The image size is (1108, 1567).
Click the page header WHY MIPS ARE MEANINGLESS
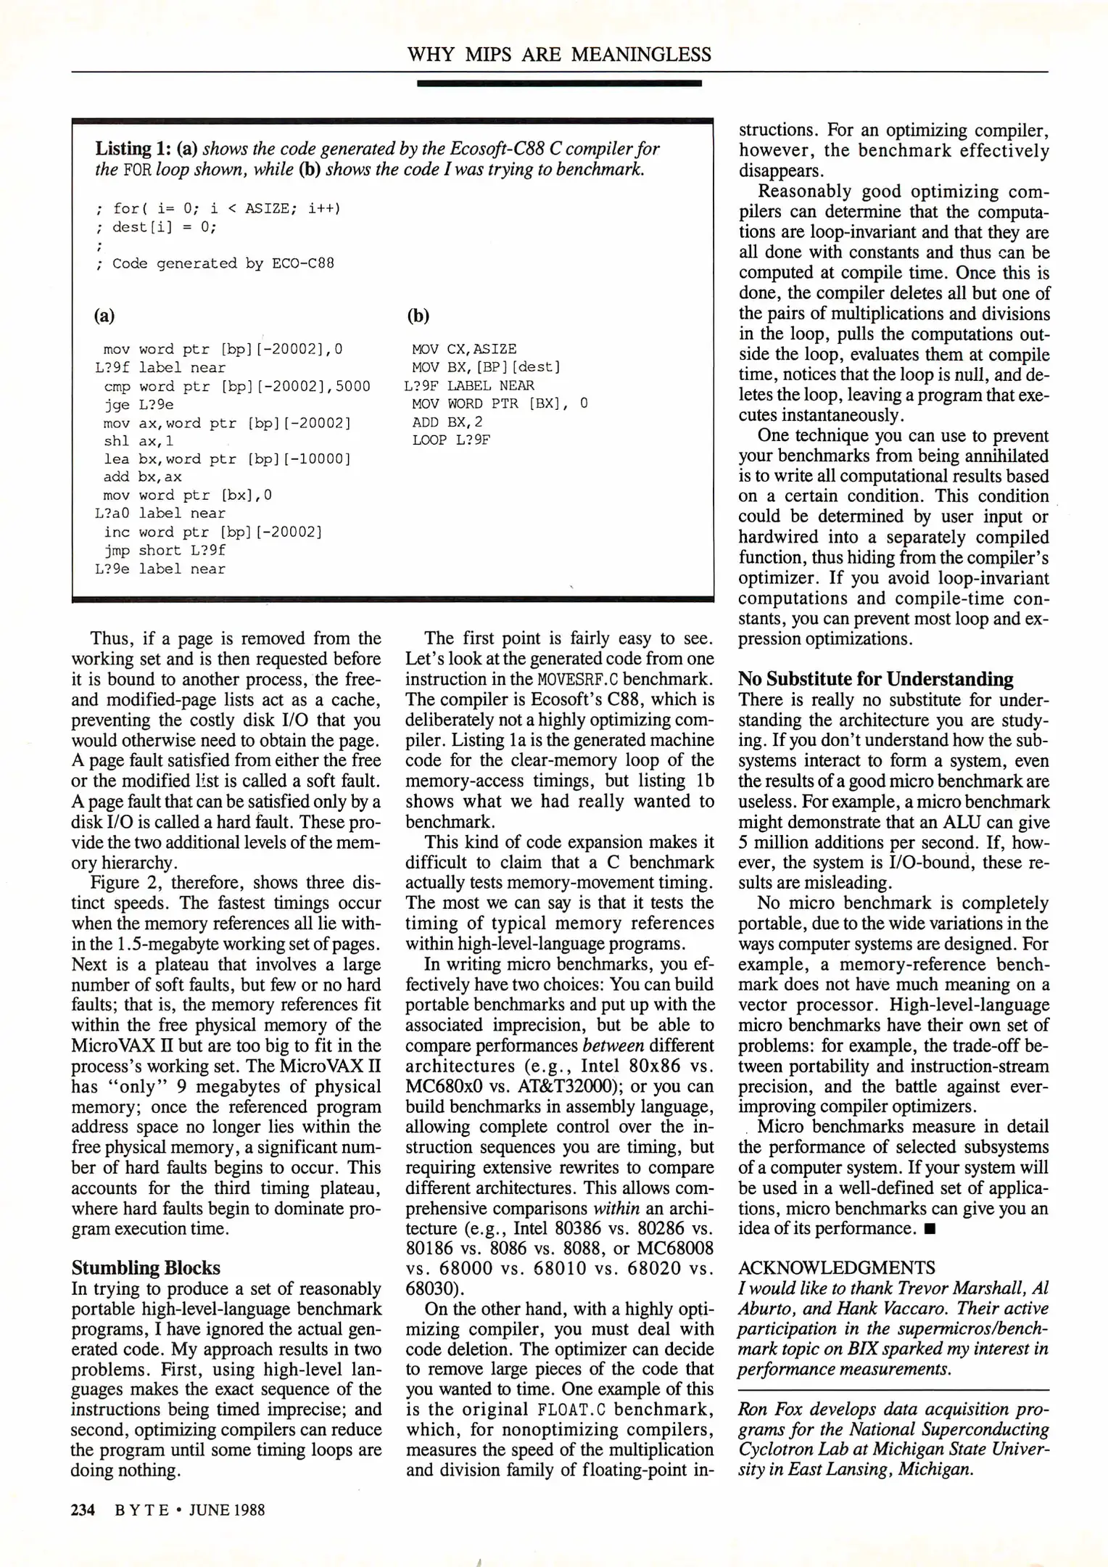pyautogui.click(x=559, y=54)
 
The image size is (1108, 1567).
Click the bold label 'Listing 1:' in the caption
pyautogui.click(x=123, y=149)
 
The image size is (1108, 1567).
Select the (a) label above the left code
pyautogui.click(x=104, y=316)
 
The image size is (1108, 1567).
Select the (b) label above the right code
pyautogui.click(x=418, y=316)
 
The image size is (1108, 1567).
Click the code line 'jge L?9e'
pyautogui.click(x=138, y=405)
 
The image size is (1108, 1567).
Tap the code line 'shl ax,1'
pyautogui.click(x=138, y=441)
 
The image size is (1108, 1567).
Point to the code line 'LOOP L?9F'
pyautogui.click(x=451, y=440)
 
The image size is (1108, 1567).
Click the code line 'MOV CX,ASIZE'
pyautogui.click(x=464, y=349)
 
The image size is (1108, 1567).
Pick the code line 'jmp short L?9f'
pyautogui.click(x=165, y=551)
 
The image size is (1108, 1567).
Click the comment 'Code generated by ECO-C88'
pyautogui.click(x=223, y=263)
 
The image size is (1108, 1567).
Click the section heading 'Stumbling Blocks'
pyautogui.click(x=145, y=1267)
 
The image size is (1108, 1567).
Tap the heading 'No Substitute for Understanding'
pyautogui.click(x=875, y=679)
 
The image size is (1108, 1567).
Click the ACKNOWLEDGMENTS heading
pyautogui.click(x=836, y=1267)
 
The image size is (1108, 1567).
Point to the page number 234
pyautogui.click(x=83, y=1510)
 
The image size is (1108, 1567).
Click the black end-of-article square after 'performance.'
pyautogui.click(x=930, y=1229)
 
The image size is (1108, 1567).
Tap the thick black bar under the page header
pyautogui.click(x=559, y=83)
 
